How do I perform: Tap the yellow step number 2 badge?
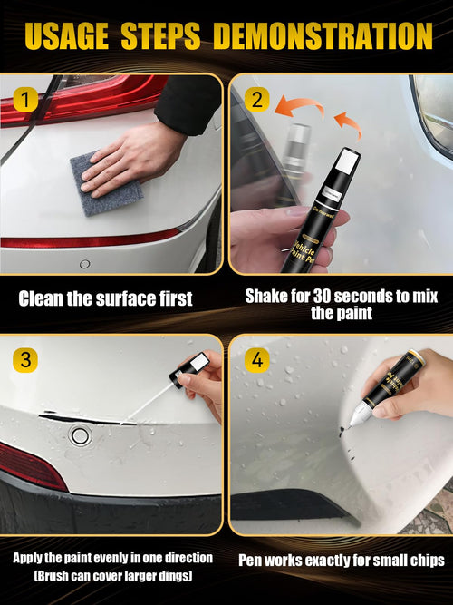click(x=255, y=99)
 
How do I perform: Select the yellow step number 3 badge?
click(x=25, y=359)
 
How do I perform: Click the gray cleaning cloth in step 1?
click(x=107, y=185)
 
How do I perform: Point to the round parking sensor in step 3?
click(x=81, y=435)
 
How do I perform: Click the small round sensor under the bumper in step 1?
click(x=84, y=264)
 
